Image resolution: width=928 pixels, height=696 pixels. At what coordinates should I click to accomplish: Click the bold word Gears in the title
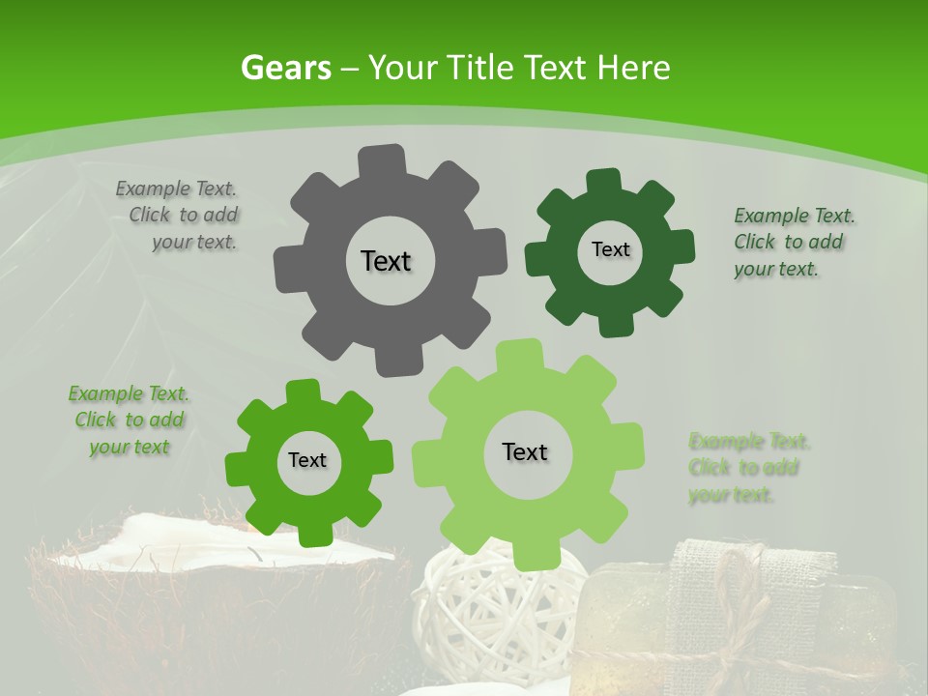285,68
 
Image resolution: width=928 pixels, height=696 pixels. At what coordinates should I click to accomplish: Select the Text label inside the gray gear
386,261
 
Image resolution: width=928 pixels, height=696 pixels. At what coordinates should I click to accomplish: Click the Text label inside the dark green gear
610,249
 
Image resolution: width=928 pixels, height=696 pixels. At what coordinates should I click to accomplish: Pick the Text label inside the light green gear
525,451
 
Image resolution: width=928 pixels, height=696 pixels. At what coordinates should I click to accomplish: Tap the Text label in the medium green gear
307,460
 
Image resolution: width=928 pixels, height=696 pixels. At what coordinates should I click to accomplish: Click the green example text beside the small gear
130,420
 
